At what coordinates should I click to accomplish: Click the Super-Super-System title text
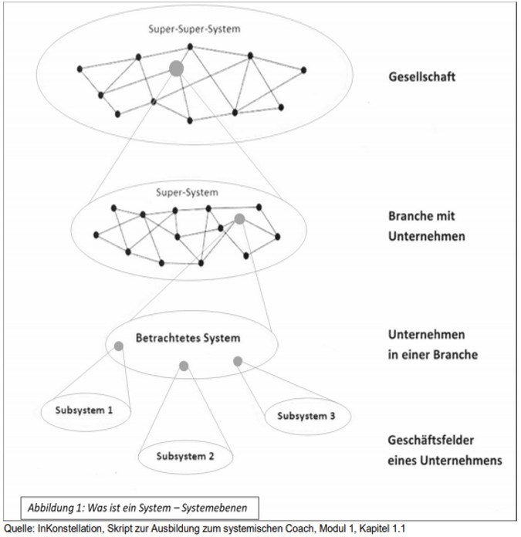(195, 29)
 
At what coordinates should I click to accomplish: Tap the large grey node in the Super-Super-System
(177, 69)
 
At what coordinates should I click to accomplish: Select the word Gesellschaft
(421, 76)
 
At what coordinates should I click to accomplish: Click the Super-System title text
(187, 192)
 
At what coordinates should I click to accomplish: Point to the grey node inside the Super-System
(239, 219)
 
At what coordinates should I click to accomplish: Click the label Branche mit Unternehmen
(427, 226)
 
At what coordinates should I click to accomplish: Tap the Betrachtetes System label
(188, 338)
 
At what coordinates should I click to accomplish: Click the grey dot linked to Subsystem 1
(119, 346)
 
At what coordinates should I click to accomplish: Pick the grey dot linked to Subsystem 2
(184, 366)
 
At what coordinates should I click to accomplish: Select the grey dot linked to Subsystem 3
(238, 361)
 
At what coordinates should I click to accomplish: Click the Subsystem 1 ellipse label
(84, 410)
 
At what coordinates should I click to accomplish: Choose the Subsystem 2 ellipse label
(185, 456)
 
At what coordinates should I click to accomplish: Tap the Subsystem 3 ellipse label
(306, 416)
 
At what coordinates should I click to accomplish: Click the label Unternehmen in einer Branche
(433, 345)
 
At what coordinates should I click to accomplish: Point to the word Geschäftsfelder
(431, 441)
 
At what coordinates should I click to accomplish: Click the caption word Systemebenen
(214, 508)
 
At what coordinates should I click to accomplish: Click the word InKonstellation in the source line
(69, 529)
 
